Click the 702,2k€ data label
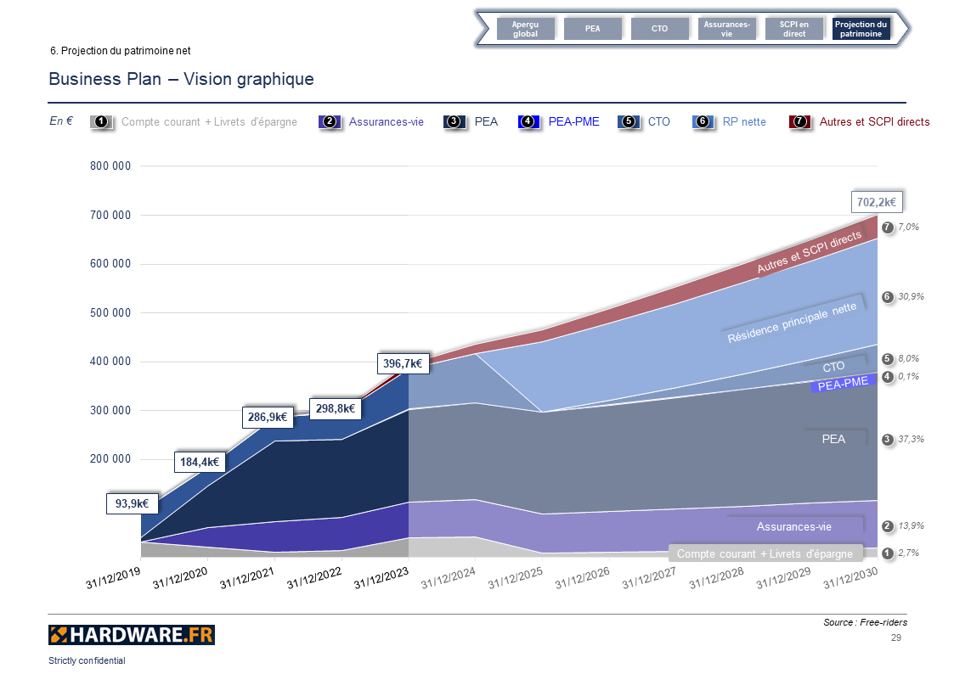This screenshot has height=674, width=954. coord(876,202)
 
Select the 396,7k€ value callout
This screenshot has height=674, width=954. coord(403,363)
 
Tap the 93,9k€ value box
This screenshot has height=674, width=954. coord(133,503)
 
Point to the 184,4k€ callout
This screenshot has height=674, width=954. coord(200,462)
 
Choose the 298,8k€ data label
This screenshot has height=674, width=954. coord(334,408)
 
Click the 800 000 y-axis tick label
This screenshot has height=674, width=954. coord(110,166)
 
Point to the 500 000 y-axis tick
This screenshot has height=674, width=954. coord(110,312)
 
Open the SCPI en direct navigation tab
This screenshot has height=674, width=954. coord(793,29)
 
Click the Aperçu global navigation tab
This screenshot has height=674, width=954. coord(525,29)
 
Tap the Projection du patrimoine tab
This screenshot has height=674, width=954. coord(861,29)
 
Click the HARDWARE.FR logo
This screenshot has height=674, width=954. coord(132,635)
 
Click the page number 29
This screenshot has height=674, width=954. coord(895,637)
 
